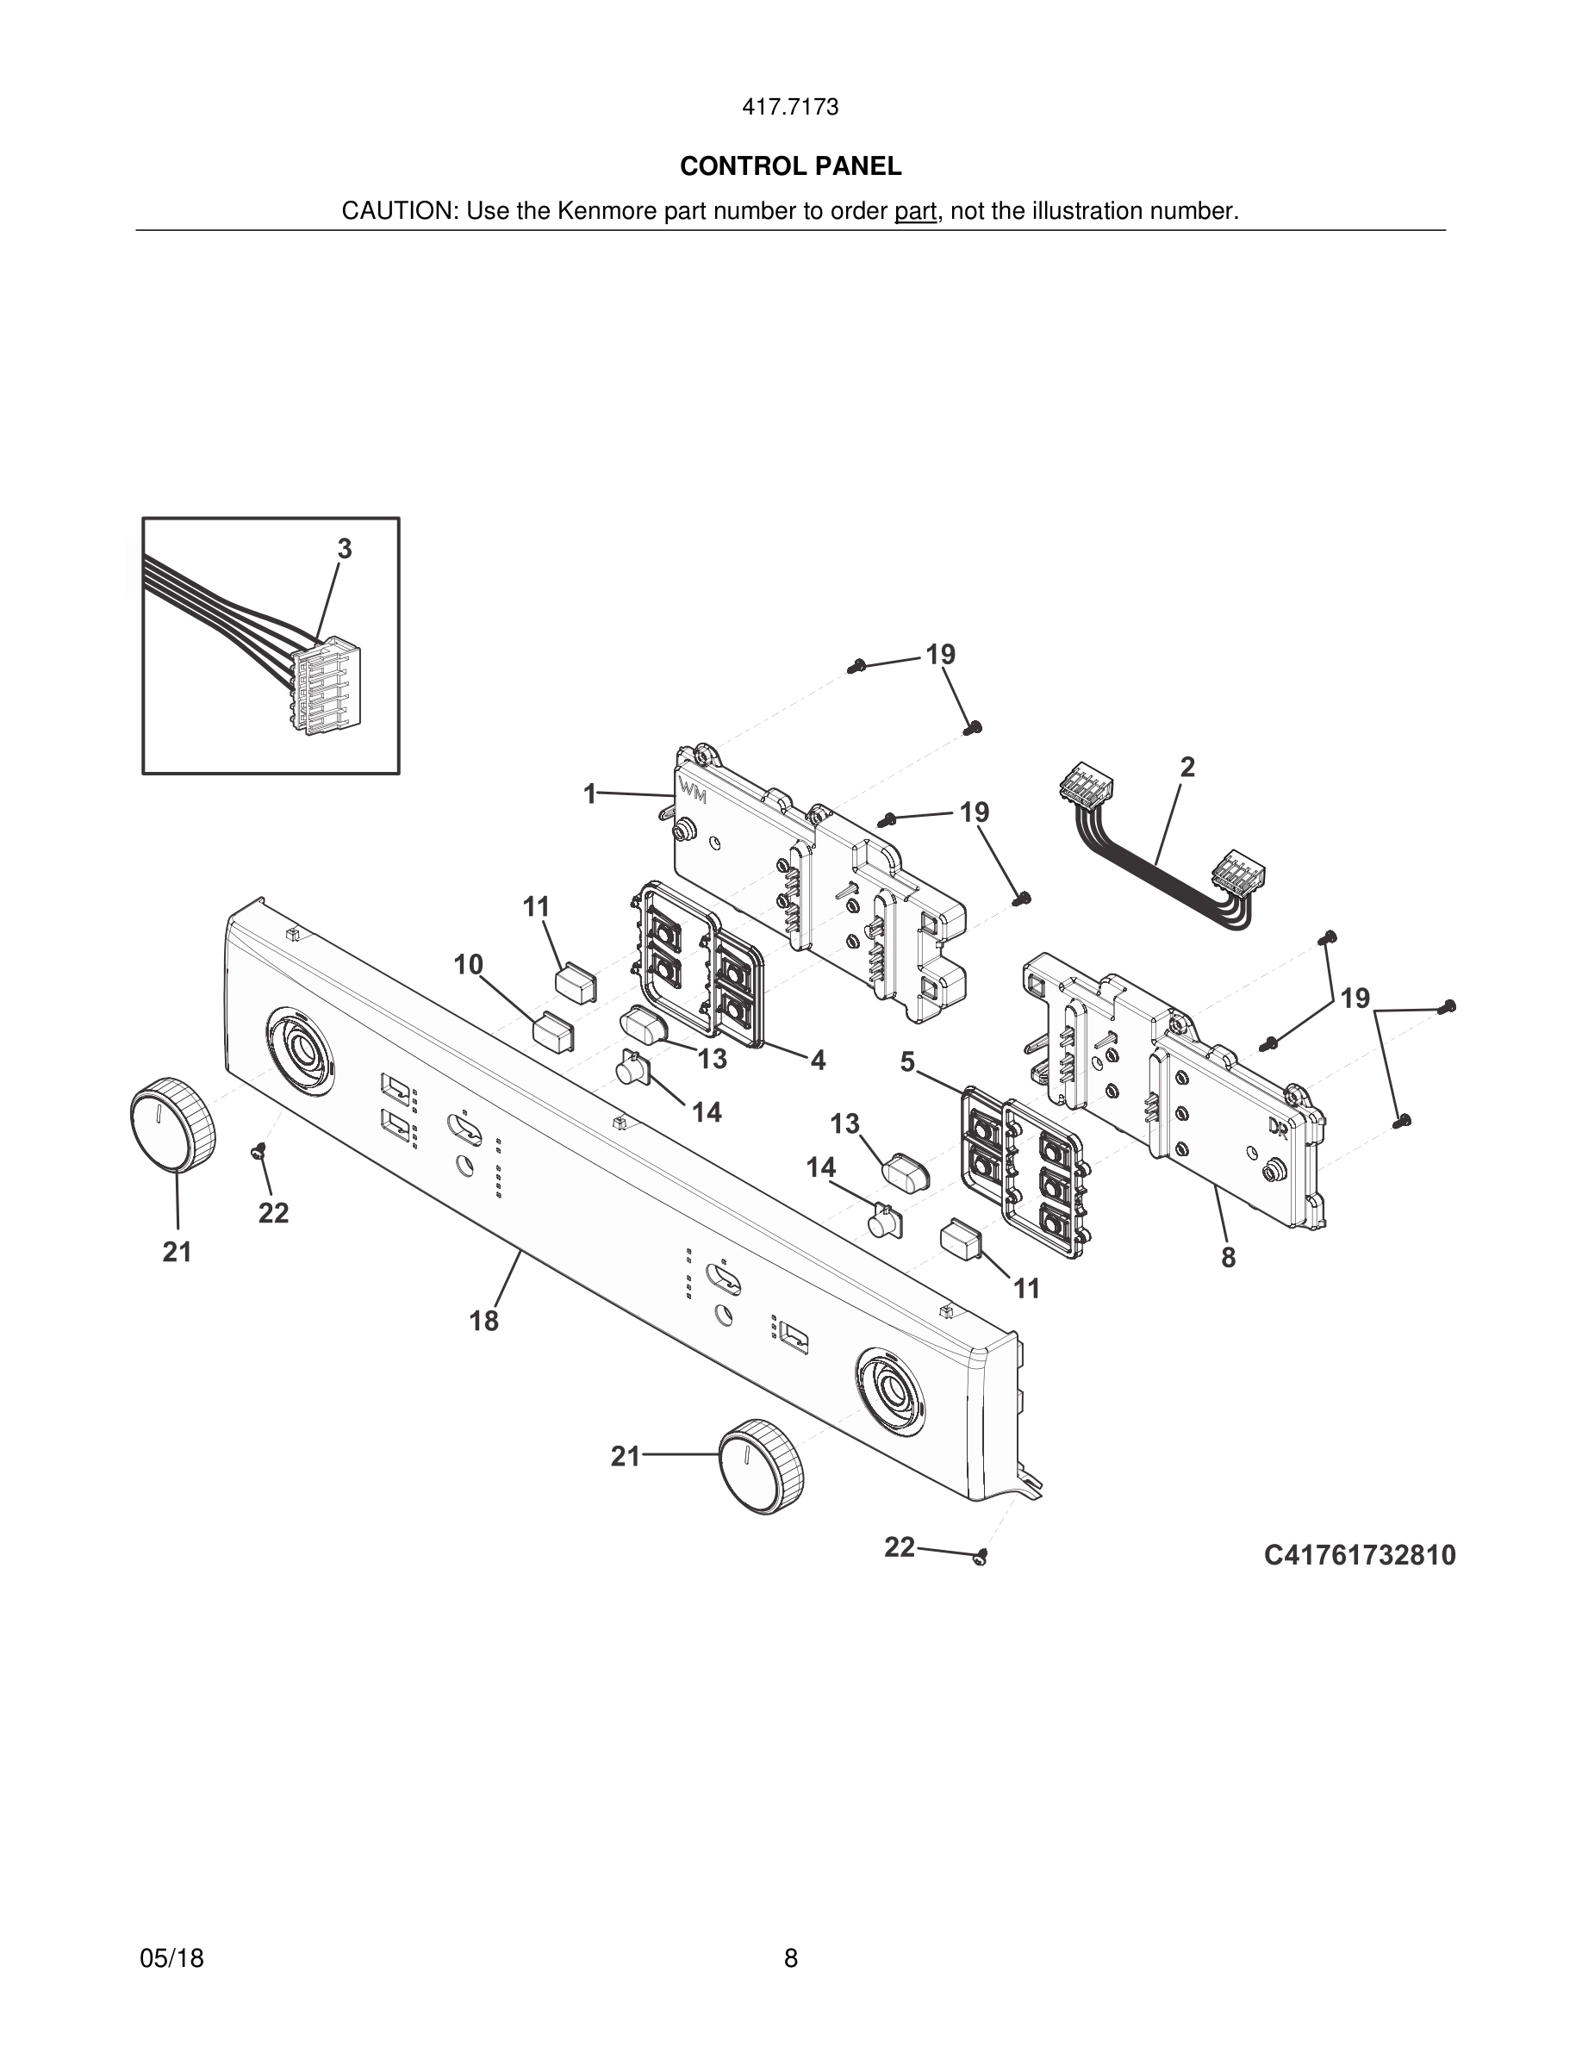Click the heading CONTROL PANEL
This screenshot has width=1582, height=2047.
790,166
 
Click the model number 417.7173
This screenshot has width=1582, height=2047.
790,107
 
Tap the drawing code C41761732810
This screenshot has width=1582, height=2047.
1359,1555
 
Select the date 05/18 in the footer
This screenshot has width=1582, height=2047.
171,1958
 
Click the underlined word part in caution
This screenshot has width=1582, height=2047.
915,212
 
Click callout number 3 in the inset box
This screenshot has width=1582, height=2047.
345,550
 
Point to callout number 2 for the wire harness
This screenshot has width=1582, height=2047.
1186,768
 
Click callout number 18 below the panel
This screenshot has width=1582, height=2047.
483,1322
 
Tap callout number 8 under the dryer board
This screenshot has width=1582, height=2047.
1228,1258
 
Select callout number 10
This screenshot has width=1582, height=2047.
469,964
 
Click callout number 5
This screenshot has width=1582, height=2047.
907,1062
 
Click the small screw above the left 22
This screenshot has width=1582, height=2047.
258,1151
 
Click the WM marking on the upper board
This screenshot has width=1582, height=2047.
694,792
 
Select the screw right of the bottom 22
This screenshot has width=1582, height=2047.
981,1557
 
